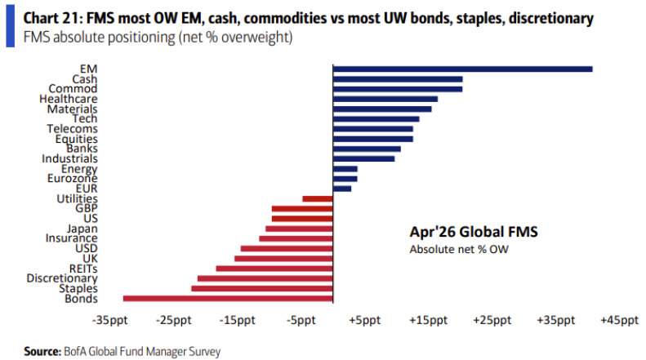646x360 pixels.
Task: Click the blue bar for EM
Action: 462,69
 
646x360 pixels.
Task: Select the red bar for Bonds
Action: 228,299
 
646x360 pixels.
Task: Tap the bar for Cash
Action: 398,78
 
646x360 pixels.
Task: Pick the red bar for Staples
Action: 262,288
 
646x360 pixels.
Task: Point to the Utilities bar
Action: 318,198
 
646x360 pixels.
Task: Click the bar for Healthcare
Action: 385,99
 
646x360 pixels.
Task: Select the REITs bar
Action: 274,269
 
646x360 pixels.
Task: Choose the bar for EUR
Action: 342,189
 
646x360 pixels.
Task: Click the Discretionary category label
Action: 62,278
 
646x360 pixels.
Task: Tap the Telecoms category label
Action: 74,128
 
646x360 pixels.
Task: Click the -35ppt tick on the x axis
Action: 109,321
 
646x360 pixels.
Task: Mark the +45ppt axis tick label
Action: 619,321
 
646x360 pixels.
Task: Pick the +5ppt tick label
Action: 364,321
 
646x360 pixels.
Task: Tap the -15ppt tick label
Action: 237,321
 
